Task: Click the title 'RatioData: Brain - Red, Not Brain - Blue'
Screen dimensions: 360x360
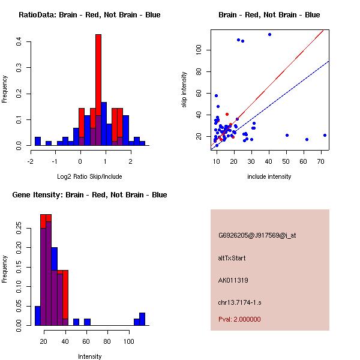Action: coord(89,15)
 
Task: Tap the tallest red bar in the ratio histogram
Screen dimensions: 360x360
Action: coord(98,90)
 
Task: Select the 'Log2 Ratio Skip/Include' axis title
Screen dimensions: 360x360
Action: coord(89,176)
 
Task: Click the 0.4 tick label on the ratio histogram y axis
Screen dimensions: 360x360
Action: coord(19,41)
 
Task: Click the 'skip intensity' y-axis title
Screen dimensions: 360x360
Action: coord(185,90)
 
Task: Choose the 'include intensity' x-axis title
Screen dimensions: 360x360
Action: coord(269,176)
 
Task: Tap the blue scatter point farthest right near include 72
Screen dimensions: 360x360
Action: coord(325,135)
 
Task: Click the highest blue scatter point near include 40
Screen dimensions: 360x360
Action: coord(269,34)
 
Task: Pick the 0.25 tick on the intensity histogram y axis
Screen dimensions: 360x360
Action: coord(19,228)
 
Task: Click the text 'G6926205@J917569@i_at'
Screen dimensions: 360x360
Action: coord(257,235)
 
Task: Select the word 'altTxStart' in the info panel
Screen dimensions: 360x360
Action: coord(232,258)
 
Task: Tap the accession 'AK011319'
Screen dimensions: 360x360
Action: coord(233,280)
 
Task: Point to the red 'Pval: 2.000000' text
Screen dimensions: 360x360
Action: coord(239,319)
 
